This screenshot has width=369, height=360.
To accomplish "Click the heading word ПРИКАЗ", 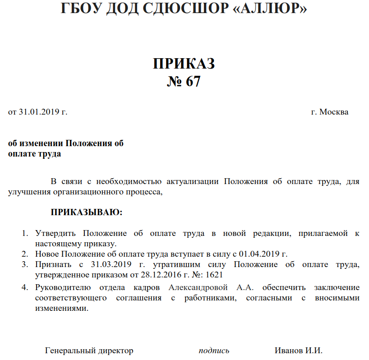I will point(184,64).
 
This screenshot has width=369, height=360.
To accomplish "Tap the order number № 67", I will point(184,82).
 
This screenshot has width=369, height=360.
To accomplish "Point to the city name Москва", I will point(333,112).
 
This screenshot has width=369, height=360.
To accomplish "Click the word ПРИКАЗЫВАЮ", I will point(86,212).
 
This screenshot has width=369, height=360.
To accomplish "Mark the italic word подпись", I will point(214,351).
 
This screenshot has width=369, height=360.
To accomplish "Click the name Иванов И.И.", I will point(298,351).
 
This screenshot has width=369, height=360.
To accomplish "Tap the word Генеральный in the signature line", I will point(68,351).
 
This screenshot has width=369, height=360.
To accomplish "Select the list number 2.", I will point(25,254).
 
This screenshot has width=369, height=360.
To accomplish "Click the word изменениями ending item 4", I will point(61,309).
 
